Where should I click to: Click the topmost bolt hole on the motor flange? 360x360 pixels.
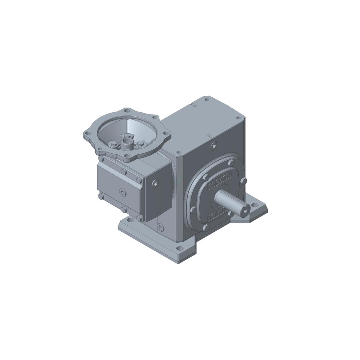(127, 111)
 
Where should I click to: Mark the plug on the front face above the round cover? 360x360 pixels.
(214, 146)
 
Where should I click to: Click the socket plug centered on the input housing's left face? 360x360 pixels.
(122, 192)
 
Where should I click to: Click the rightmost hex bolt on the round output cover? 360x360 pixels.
(244, 181)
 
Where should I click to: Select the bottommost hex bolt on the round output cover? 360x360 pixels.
(206, 228)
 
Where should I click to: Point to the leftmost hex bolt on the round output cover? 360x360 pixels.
(193, 210)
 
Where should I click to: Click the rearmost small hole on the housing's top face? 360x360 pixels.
(207, 99)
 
